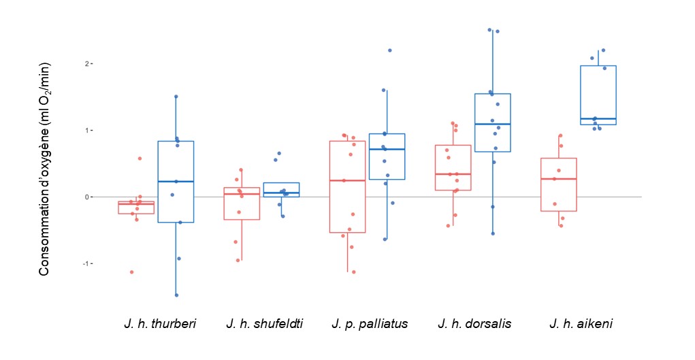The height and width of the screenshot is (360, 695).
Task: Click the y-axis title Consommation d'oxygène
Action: [x=45, y=169]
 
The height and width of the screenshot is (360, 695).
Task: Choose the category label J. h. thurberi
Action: [x=160, y=323]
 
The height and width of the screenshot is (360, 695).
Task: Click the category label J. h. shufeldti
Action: [x=265, y=323]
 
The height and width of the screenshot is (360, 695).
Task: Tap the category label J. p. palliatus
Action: [x=370, y=323]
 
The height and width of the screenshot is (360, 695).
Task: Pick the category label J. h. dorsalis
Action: [x=474, y=323]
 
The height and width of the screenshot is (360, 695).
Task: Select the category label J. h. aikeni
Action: [x=581, y=323]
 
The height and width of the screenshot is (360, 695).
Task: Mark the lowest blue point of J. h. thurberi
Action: [x=176, y=295]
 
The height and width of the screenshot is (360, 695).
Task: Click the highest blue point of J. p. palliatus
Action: [x=390, y=50]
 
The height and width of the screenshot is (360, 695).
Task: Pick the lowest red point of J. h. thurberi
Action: [x=131, y=272]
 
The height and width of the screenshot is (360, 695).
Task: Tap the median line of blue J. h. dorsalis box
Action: [x=493, y=124]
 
